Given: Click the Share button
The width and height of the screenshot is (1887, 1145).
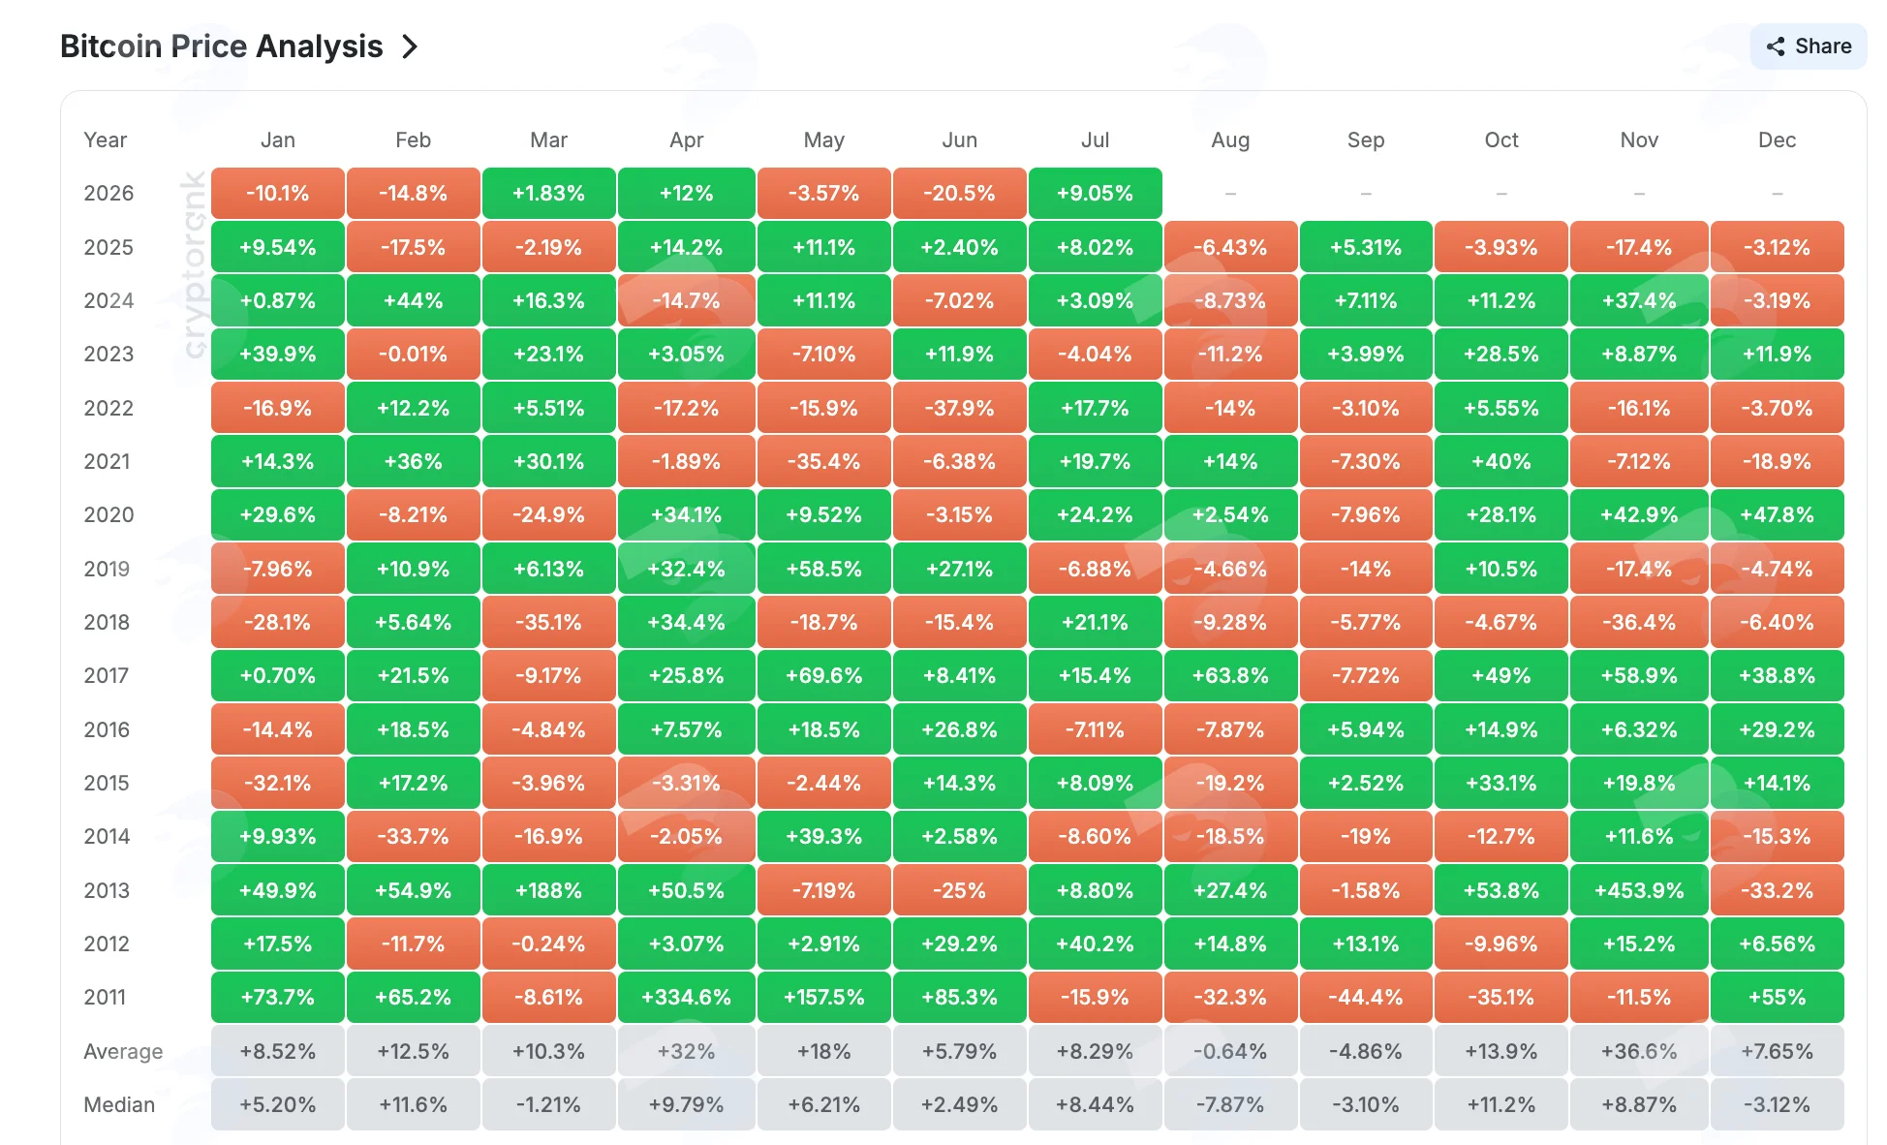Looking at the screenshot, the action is pyautogui.click(x=1808, y=46).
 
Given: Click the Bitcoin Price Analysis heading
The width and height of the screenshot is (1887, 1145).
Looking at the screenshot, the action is pyautogui.click(x=222, y=46).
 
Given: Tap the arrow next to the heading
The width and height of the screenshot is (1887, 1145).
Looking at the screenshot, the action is pyautogui.click(x=410, y=46).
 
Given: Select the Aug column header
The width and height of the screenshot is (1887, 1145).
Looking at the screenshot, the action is pyautogui.click(x=1230, y=139).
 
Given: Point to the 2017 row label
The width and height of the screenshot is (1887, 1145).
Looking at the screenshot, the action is pyautogui.click(x=106, y=675).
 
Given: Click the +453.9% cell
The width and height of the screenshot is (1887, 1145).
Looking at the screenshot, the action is pyautogui.click(x=1639, y=890).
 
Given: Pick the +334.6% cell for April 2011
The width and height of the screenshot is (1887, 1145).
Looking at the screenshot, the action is pyautogui.click(x=686, y=997).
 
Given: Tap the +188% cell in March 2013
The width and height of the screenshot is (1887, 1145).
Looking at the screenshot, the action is pyautogui.click(x=548, y=890).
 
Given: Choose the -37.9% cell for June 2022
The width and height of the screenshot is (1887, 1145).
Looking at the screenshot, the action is pyautogui.click(x=959, y=408).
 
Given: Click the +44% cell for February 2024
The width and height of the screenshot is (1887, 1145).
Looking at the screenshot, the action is pyautogui.click(x=413, y=300).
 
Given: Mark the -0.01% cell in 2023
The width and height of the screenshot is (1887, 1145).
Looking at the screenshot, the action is pyautogui.click(x=413, y=354).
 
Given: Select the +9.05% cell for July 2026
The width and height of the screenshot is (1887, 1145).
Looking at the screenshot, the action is pyautogui.click(x=1095, y=193).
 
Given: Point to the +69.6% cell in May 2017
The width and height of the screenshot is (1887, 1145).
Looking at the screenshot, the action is pyautogui.click(x=823, y=675).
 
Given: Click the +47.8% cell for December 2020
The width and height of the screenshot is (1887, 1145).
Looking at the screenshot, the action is pyautogui.click(x=1777, y=514).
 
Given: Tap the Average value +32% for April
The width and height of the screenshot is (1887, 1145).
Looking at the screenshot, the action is pyautogui.click(x=686, y=1051).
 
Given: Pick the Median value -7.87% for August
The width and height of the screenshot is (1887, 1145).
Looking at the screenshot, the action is pyautogui.click(x=1230, y=1104).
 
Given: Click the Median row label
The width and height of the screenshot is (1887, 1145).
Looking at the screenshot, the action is pyautogui.click(x=119, y=1104).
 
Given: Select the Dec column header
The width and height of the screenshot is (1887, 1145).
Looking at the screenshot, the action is pyautogui.click(x=1777, y=139).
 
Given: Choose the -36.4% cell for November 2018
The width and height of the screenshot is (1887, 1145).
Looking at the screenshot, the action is pyautogui.click(x=1639, y=622).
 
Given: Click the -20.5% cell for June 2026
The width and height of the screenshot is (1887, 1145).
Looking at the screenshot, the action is pyautogui.click(x=959, y=193).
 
